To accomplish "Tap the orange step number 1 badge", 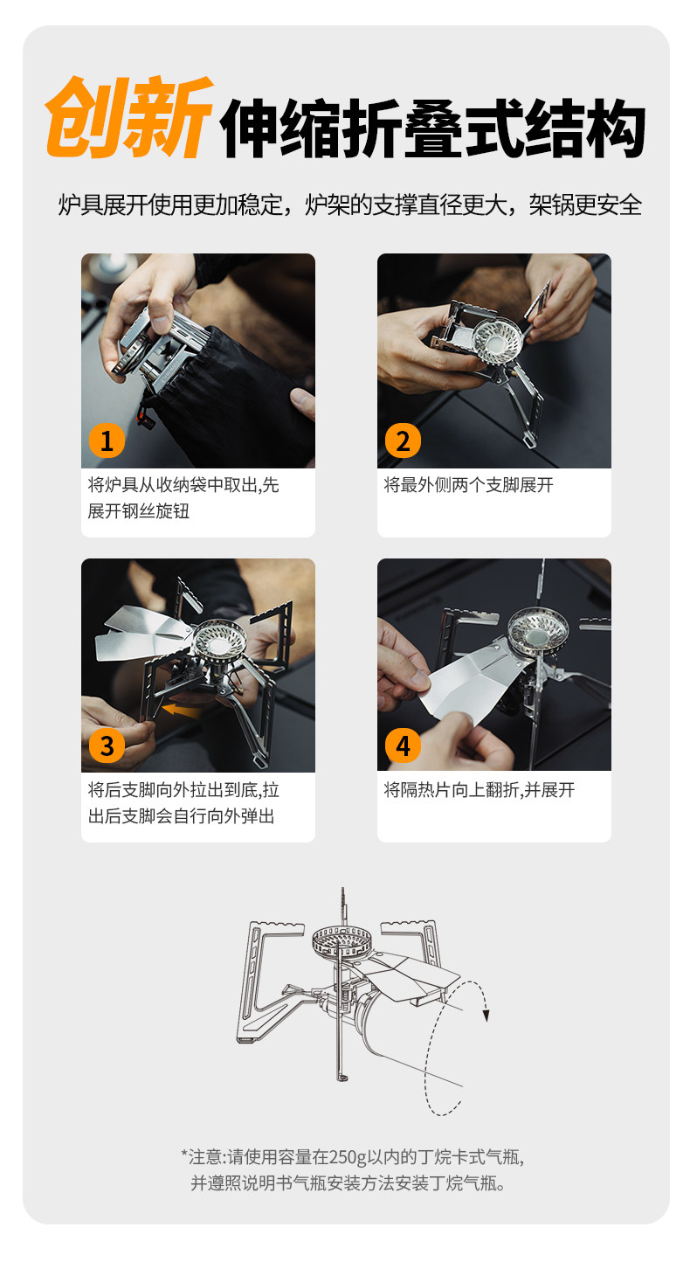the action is coord(107,440).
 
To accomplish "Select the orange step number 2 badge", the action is coord(404,440).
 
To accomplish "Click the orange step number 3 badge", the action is coord(107,746).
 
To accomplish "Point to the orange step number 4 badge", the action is coord(404,746).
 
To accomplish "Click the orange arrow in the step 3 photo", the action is coord(181,711).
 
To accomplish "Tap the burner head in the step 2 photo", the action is coord(496,338).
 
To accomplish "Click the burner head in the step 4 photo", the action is coord(539,632).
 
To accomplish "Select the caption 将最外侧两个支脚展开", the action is coord(468,485).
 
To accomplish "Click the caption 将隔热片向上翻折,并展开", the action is coord(480,790).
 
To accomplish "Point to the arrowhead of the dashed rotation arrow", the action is coord(486,1016).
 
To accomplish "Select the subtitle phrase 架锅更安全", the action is coord(584,205).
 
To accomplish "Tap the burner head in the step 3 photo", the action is coord(219,641).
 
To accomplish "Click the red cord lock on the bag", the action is coord(147,421).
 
